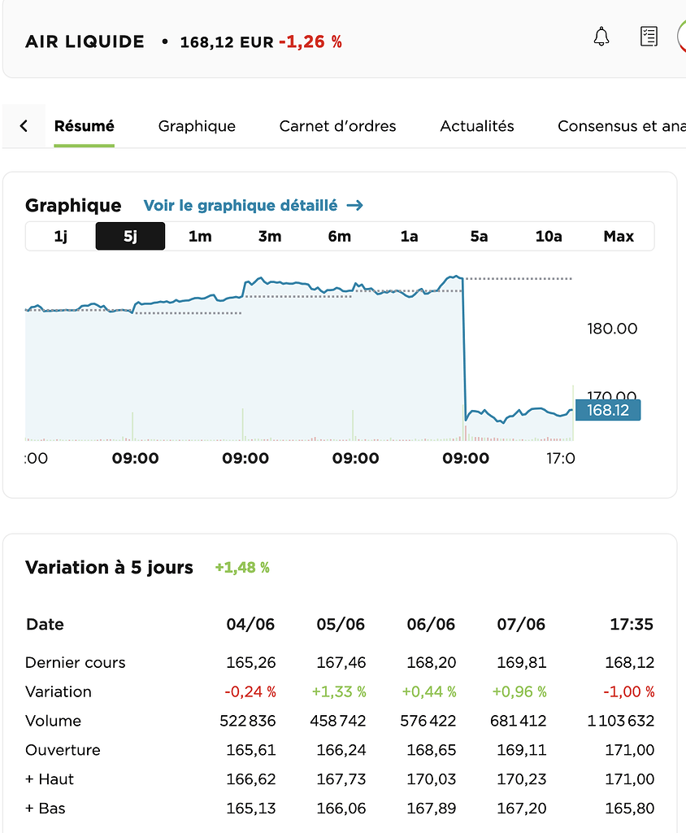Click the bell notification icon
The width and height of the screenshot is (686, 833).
601,37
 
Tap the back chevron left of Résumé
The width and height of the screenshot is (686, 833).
24,126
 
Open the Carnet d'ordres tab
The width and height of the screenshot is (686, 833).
337,126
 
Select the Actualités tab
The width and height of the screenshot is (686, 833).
477,126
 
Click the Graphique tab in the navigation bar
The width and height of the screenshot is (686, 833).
197,126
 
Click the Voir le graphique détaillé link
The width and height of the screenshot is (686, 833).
253,206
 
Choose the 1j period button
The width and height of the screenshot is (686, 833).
61,237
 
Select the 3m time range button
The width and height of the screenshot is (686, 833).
270,237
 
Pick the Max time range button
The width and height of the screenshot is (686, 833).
619,237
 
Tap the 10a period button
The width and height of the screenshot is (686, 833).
549,237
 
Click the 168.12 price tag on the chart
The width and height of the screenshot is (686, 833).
608,411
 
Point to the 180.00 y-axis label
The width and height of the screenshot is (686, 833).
612,329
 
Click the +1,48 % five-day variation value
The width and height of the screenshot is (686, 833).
242,568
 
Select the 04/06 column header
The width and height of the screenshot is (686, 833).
250,625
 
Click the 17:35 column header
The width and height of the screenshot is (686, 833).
632,625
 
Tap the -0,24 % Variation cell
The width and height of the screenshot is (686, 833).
250,691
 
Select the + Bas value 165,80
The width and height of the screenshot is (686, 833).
630,809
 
